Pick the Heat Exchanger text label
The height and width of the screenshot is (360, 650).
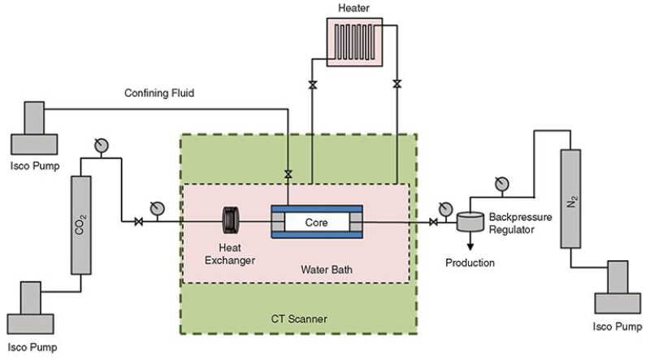pyautogui.click(x=234, y=254)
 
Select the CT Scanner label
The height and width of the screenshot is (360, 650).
pyautogui.click(x=301, y=319)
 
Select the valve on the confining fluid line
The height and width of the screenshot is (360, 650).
pyautogui.click(x=288, y=173)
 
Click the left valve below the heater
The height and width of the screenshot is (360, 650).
pyautogui.click(x=312, y=85)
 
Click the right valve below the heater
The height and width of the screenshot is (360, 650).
pyautogui.click(x=396, y=85)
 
